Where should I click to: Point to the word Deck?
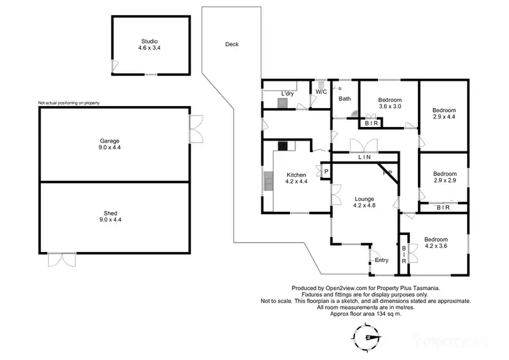[232, 45]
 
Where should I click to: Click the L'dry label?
[287, 93]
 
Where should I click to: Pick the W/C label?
[321, 92]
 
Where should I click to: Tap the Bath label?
[345, 99]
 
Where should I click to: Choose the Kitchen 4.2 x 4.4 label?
[297, 178]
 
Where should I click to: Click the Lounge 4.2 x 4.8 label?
[364, 202]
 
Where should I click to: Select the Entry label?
[382, 259]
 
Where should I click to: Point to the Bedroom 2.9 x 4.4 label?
[445, 113]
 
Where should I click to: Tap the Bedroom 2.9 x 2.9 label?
[445, 177]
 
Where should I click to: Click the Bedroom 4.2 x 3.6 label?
[436, 243]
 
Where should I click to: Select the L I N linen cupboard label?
[364, 158]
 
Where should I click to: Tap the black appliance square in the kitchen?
[282, 145]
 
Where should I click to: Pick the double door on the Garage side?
[196, 128]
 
